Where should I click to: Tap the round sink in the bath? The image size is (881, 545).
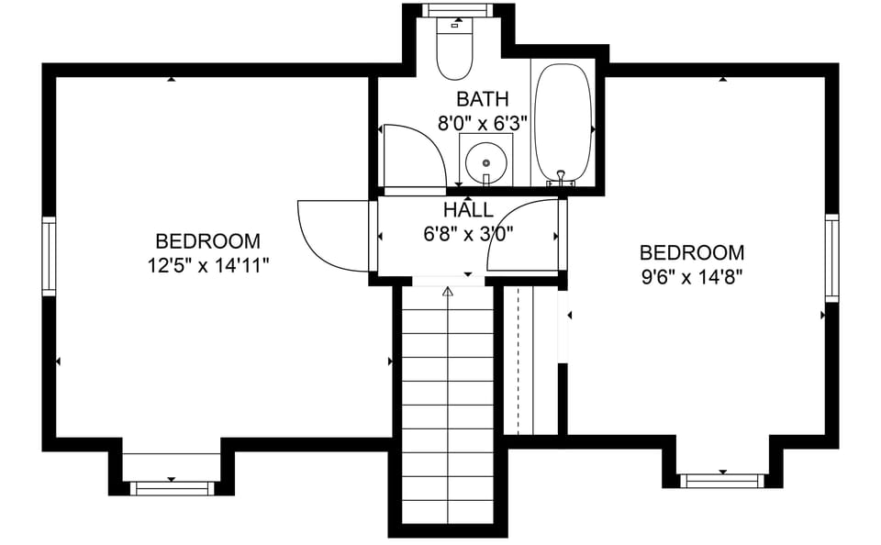[485, 164]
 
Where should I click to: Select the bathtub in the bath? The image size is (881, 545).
[563, 122]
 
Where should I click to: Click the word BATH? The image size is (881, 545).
[482, 99]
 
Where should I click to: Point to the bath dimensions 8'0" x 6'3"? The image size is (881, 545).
[482, 123]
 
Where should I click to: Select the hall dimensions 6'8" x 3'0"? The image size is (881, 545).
[467, 234]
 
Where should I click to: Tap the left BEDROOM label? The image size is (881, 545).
[207, 241]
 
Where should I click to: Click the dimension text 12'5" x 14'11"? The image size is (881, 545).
[207, 265]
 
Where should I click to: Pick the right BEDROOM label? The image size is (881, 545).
[691, 252]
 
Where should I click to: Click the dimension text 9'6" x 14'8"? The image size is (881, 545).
[691, 276]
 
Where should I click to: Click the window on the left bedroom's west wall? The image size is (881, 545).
[49, 256]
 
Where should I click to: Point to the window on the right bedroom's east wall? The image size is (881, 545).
[831, 258]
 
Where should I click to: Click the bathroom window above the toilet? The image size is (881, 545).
[458, 10]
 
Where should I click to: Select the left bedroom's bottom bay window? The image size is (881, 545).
[172, 488]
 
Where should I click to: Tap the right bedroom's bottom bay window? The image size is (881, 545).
[722, 480]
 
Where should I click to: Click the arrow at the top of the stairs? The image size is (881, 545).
[448, 292]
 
